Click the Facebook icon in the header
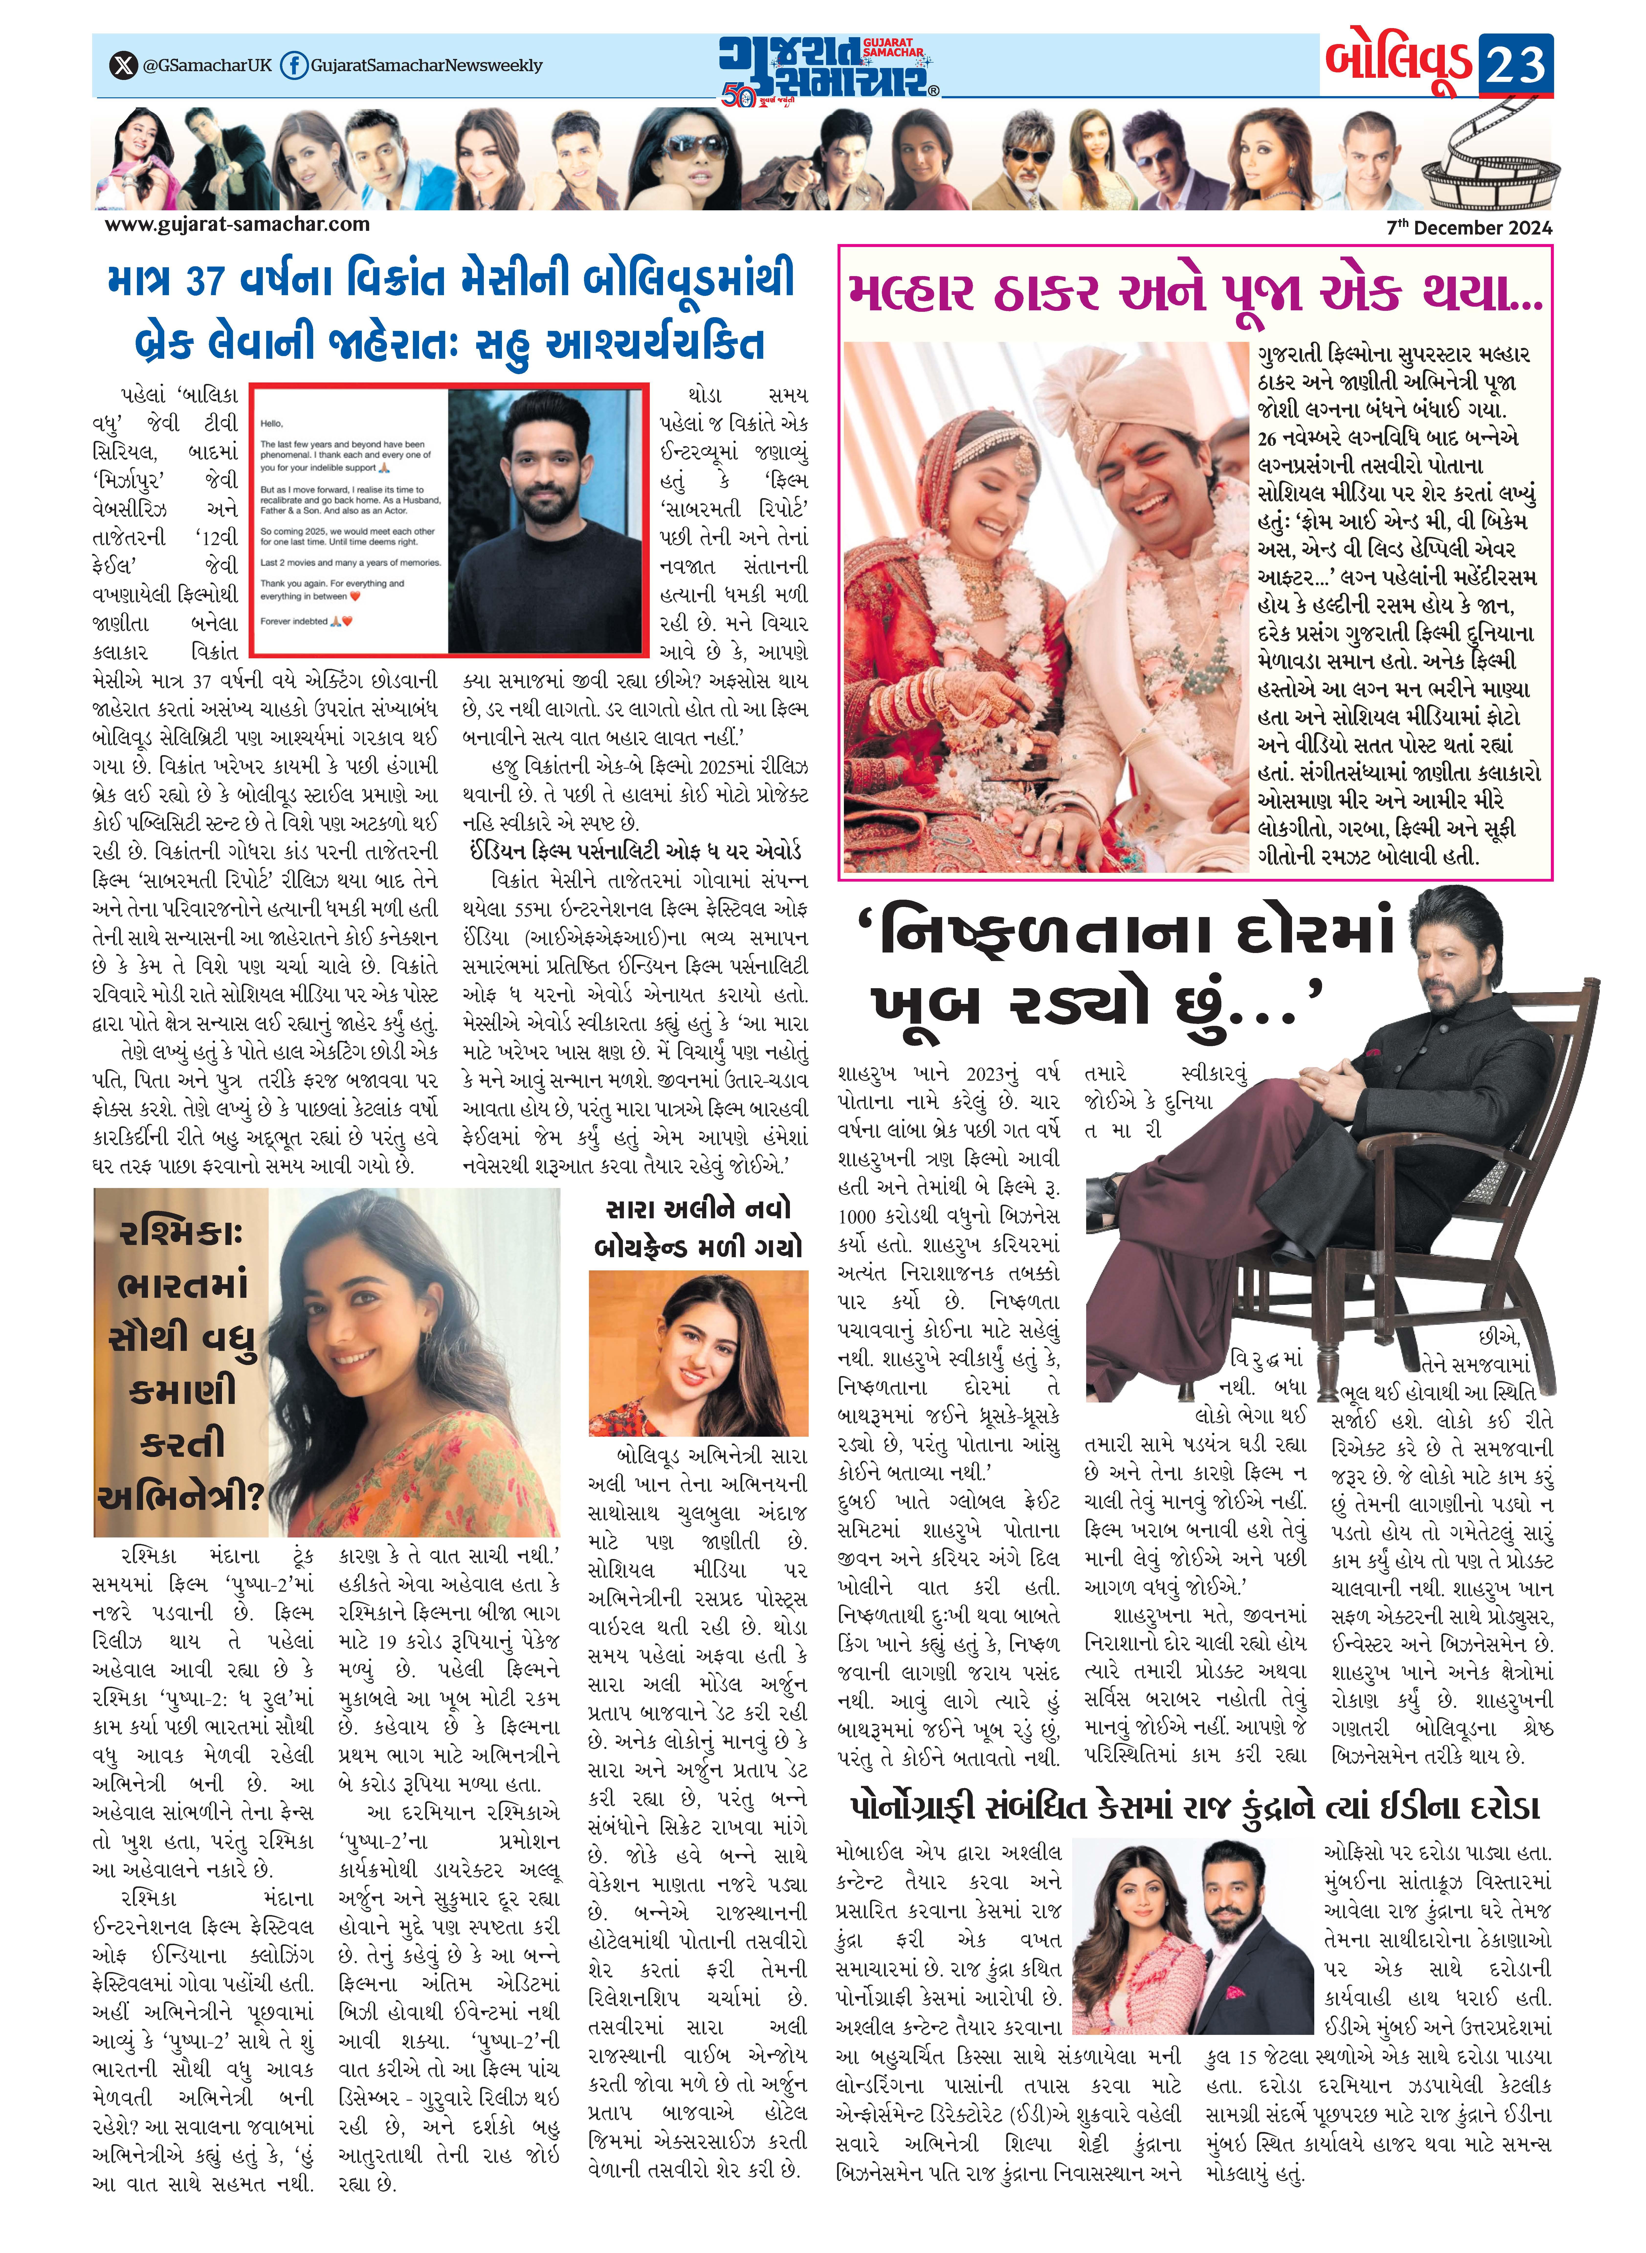point(293,66)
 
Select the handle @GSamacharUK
point(207,66)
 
